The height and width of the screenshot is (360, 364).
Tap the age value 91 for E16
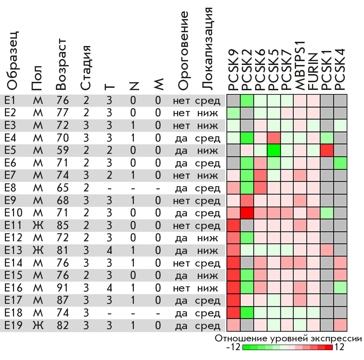pyautogui.click(x=62, y=288)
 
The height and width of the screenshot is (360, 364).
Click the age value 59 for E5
pyautogui.click(x=62, y=151)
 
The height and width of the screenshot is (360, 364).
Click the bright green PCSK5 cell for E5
pyautogui.click(x=274, y=151)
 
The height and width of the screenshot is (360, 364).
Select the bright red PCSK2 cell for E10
pyautogui.click(x=247, y=213)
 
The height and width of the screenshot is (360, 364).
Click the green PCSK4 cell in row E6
pyautogui.click(x=340, y=163)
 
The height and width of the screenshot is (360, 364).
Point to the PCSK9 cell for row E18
pyautogui.click(x=233, y=313)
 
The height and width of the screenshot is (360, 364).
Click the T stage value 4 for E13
pyautogui.click(x=109, y=251)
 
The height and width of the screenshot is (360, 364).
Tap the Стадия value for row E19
pyautogui.click(x=86, y=326)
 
